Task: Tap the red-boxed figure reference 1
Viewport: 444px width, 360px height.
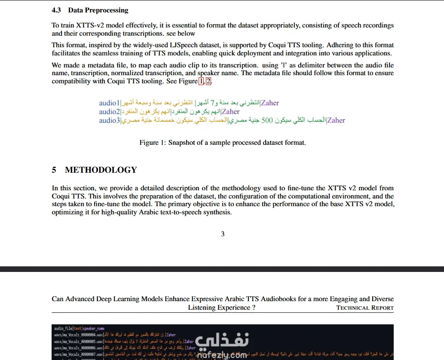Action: point(202,81)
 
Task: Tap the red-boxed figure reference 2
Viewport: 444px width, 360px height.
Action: point(208,81)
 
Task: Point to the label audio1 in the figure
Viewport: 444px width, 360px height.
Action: point(109,103)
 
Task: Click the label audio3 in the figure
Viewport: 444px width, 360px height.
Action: point(109,120)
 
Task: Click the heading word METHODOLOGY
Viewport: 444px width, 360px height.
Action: point(101,170)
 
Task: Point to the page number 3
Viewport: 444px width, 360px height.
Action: point(223,234)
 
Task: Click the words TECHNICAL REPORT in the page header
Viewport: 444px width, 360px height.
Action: point(365,308)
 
